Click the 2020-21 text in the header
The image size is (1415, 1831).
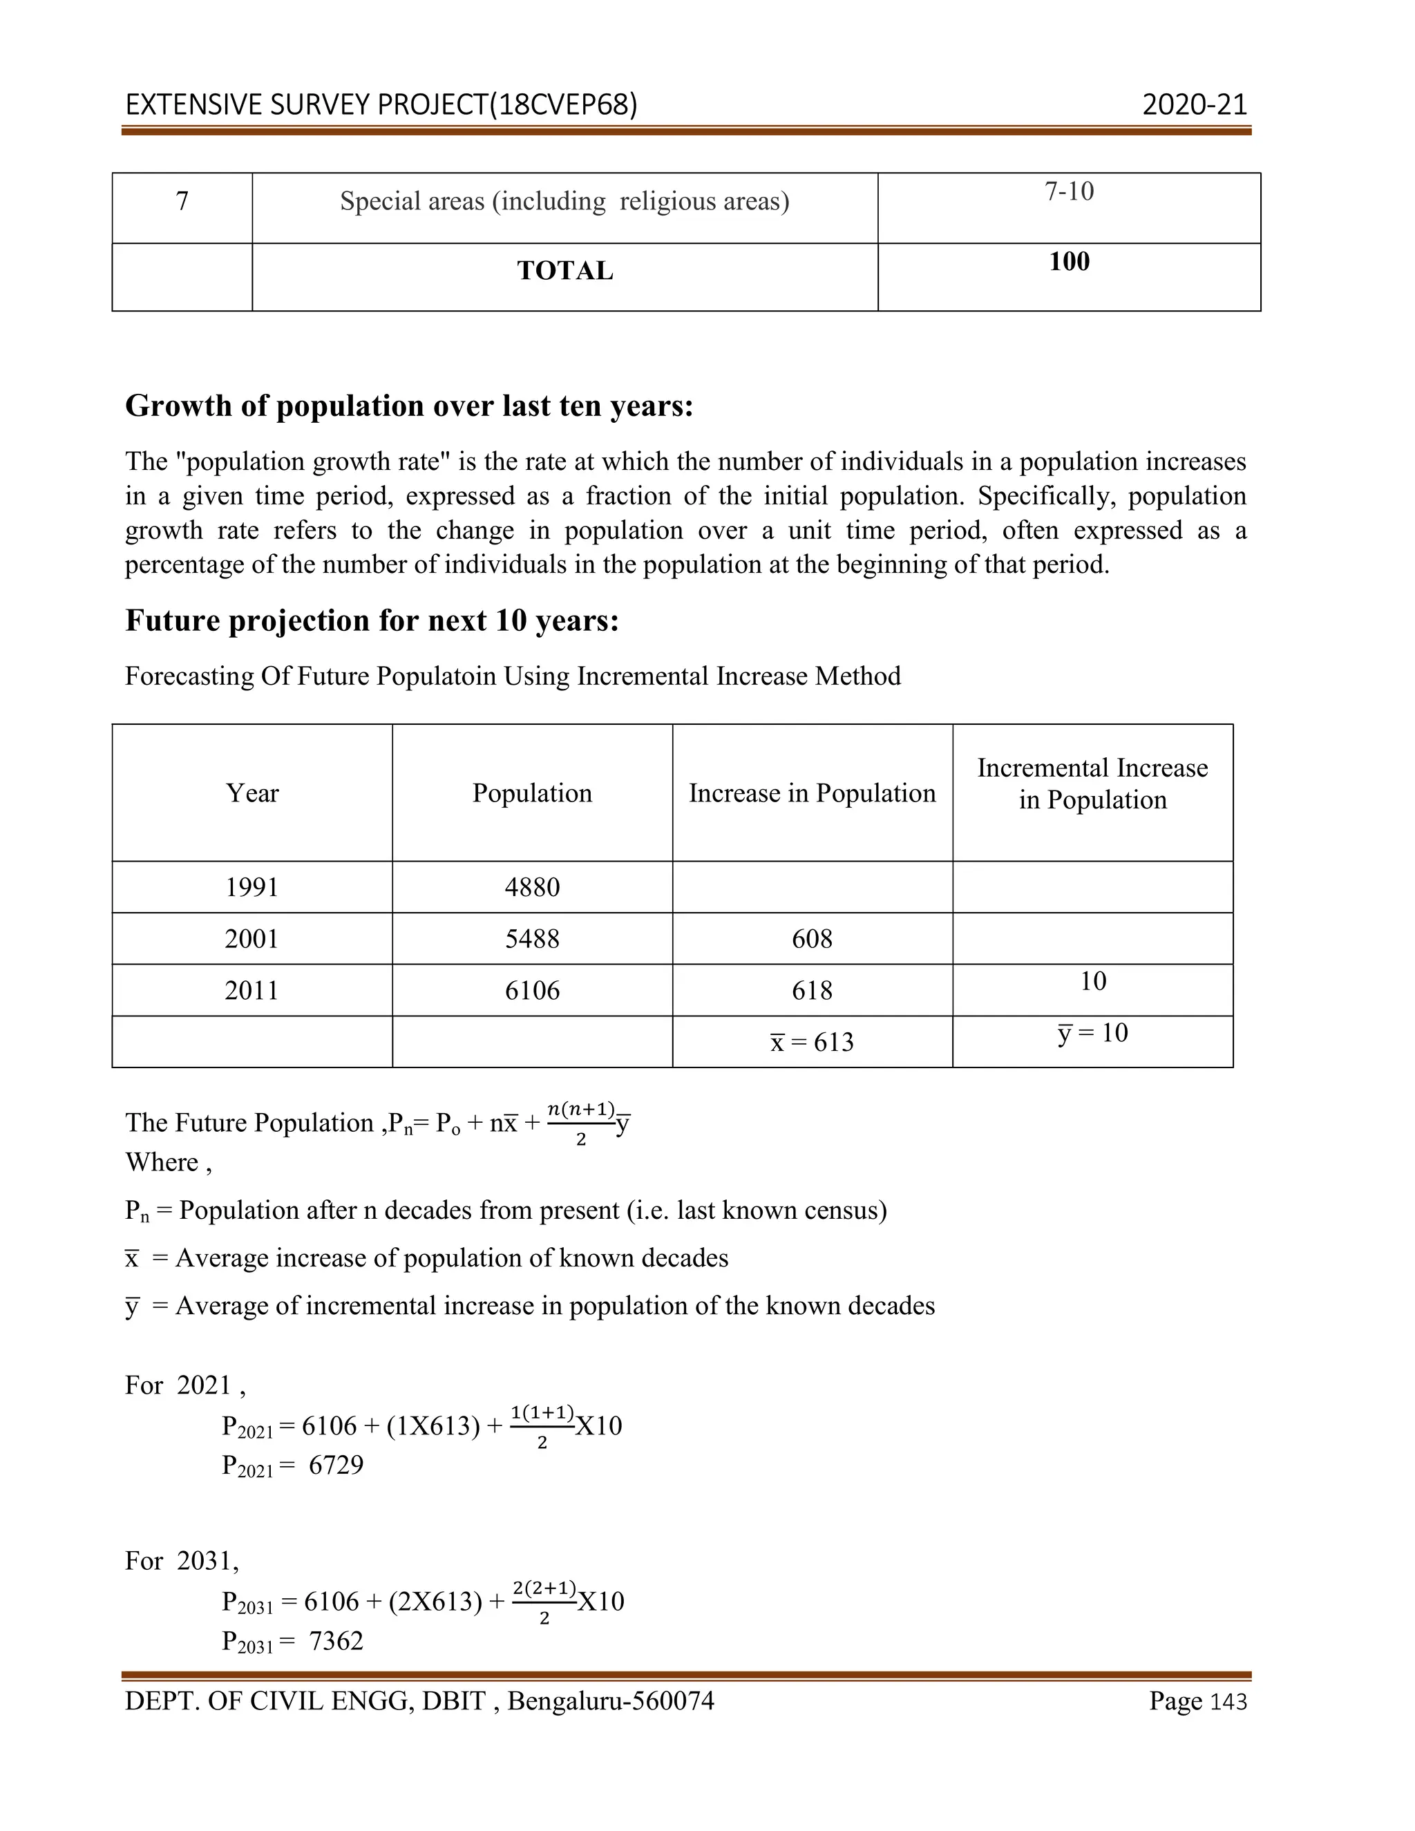(1194, 105)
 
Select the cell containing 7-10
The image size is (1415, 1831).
(1069, 192)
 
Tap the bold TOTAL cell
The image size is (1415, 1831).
(565, 271)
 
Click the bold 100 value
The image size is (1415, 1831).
(1069, 262)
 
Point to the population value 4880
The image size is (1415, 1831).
(531, 887)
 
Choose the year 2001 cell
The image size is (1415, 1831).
(251, 939)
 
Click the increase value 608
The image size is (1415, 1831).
(811, 939)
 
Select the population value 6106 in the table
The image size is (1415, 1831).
(531, 991)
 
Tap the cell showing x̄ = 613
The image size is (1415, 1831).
(811, 1042)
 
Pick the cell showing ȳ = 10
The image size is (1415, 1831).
(1092, 1033)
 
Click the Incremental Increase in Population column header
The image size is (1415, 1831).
(1092, 784)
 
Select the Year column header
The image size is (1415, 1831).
(251, 793)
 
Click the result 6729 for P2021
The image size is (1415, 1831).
(336, 1465)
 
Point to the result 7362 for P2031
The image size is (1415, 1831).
(336, 1641)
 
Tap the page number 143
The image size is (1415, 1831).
(1229, 1702)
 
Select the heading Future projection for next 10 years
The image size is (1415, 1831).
(371, 620)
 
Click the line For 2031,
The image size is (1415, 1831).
(182, 1561)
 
